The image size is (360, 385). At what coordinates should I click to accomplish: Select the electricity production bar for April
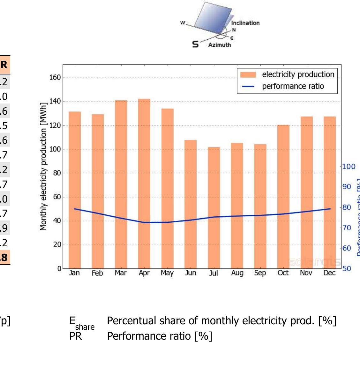coord(144,184)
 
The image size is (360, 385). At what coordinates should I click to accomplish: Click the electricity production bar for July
coord(214,208)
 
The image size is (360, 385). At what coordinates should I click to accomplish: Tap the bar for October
coord(283,196)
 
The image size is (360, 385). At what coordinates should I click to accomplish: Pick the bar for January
coord(75,190)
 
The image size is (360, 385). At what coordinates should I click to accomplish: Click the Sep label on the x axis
coord(260,273)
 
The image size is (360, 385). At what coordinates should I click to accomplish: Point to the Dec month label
coord(329,273)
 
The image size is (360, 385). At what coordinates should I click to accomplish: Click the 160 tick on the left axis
coord(55,78)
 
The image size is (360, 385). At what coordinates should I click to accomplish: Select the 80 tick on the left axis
coord(56,173)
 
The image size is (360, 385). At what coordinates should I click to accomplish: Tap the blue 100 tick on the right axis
coord(349,166)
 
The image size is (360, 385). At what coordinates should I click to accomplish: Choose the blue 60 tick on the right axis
coord(347,248)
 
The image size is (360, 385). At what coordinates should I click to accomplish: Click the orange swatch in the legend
coord(248,75)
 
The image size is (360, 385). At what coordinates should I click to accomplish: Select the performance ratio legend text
coord(293,86)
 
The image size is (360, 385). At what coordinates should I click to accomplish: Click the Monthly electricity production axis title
coord(43,166)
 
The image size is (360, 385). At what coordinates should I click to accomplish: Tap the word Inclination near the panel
coord(245,23)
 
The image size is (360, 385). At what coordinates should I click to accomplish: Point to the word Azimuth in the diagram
coord(219,45)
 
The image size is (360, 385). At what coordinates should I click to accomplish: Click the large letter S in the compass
coord(195,44)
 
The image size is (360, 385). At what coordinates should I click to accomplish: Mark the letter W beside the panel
coord(183,23)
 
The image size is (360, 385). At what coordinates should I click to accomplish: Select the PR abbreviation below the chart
coord(76,336)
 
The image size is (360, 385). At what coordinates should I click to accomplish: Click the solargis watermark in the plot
coord(315,262)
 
